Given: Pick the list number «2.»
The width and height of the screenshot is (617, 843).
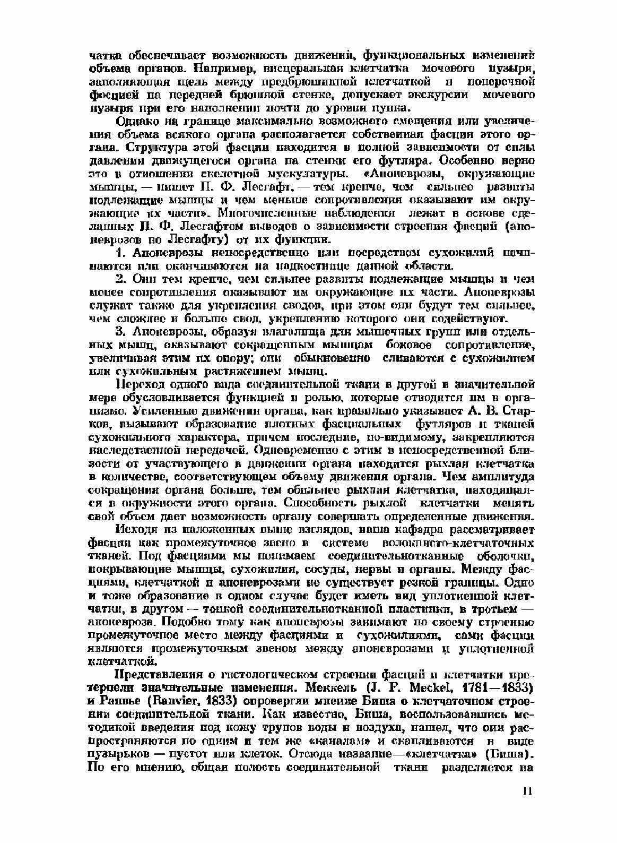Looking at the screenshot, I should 120,278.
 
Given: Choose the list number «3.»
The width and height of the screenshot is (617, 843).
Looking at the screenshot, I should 120,331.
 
